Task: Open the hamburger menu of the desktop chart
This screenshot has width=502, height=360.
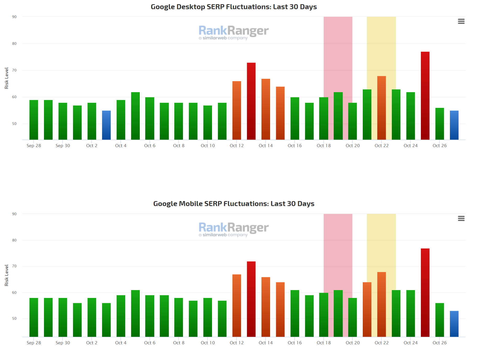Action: [461, 21]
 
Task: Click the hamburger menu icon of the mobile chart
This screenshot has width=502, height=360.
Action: [461, 218]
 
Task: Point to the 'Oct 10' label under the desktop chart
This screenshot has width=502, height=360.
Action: [208, 146]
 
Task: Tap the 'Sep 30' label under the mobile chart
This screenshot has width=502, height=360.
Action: [63, 343]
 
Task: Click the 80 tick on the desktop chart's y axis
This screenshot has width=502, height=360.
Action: [14, 43]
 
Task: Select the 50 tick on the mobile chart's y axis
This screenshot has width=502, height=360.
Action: [14, 318]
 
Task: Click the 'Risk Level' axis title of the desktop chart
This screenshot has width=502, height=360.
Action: [7, 78]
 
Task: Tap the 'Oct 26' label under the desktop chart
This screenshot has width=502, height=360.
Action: [439, 146]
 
